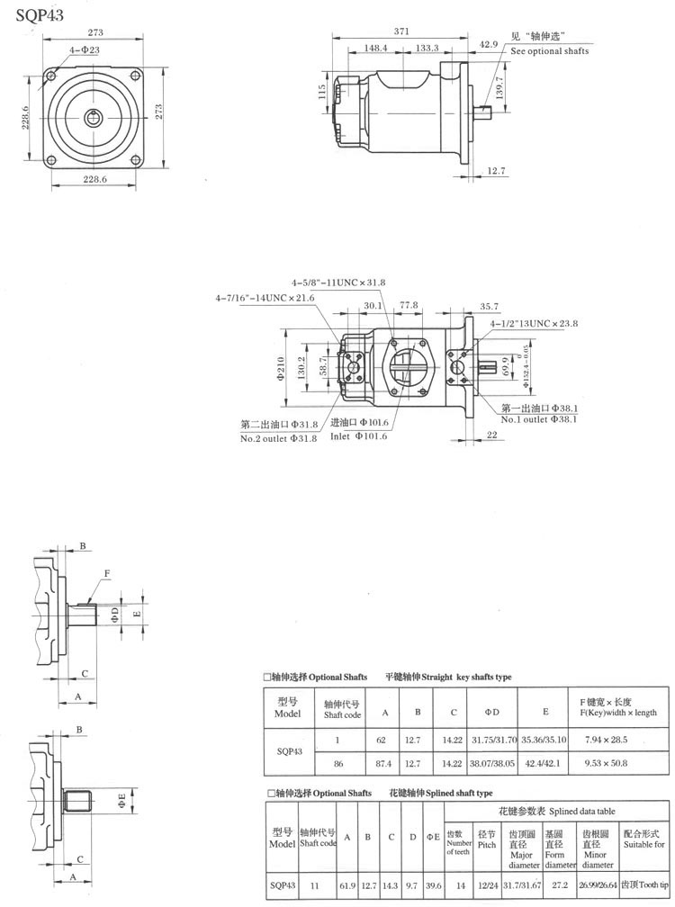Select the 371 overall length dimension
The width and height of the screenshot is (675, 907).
pos(401,31)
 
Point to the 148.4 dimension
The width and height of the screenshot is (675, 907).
pos(376,48)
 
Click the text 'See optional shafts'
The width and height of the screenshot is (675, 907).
pos(550,52)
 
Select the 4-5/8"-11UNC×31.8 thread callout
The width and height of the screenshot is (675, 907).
pos(338,283)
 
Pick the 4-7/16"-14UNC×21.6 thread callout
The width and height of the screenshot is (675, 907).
pos(265,298)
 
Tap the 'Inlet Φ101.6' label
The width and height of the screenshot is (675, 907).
pos(359,436)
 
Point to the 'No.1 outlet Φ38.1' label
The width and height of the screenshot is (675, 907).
pos(537,419)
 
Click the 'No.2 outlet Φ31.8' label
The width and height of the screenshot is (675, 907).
pos(279,438)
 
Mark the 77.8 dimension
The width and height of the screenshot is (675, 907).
pos(409,306)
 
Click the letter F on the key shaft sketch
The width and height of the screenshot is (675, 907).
pos(107,572)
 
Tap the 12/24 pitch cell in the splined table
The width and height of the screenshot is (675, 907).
pos(487,884)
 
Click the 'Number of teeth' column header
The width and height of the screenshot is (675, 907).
pos(458,843)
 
